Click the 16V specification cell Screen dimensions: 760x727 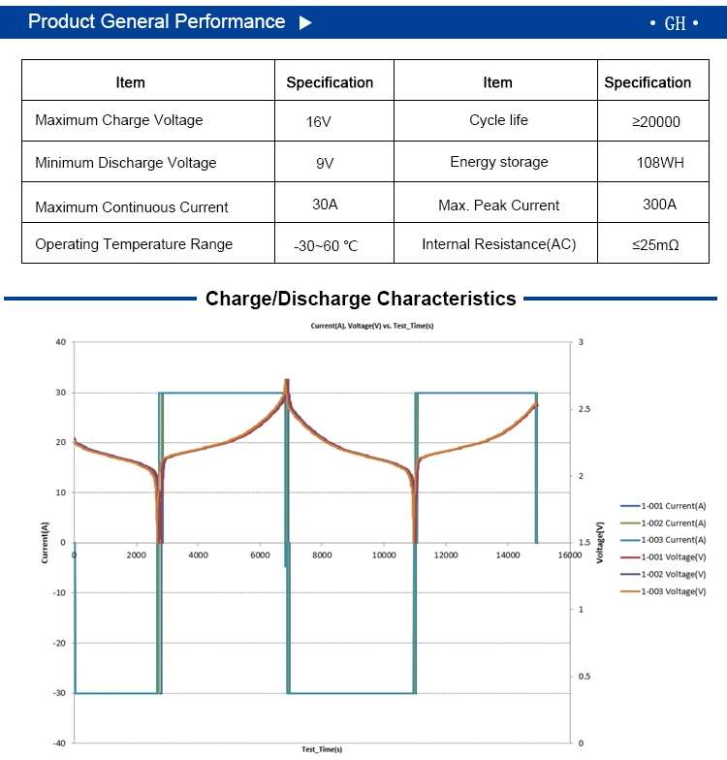[318, 122]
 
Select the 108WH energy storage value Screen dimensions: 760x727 [661, 163]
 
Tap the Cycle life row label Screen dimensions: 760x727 [498, 120]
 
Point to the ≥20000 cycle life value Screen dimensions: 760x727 [655, 122]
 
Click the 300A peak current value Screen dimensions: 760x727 [659, 205]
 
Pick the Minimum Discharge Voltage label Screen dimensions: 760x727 [125, 163]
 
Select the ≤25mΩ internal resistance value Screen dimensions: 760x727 [655, 245]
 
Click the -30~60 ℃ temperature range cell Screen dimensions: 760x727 [326, 246]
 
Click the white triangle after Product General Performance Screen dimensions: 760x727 [306, 22]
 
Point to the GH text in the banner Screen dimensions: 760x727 [675, 23]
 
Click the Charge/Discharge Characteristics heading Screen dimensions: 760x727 [361, 299]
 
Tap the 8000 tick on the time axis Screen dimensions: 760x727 [322, 555]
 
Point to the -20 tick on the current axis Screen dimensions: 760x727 [59, 643]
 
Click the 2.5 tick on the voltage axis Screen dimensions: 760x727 [584, 410]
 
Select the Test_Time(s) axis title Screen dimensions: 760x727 [322, 749]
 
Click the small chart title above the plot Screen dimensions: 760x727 [372, 327]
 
